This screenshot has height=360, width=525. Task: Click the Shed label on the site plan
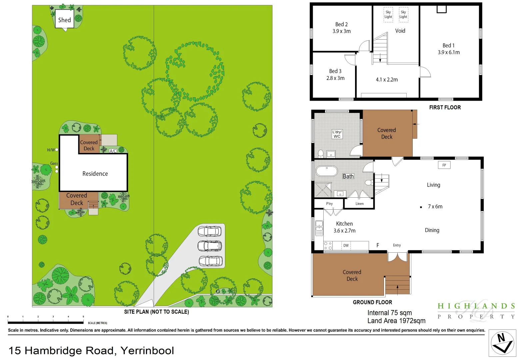[64, 20]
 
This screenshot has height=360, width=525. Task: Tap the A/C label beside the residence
[113, 151]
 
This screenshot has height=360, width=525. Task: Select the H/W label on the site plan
[51, 150]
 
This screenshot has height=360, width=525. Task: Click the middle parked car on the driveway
[210, 246]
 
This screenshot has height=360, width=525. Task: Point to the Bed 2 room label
[341, 24]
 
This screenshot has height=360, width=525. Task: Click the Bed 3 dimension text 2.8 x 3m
[335, 78]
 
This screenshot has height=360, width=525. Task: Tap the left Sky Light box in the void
[388, 15]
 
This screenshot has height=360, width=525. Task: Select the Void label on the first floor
[400, 31]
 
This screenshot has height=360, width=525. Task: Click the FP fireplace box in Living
[444, 165]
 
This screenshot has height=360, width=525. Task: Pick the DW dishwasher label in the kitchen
[346, 245]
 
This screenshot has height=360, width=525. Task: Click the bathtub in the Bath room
[327, 171]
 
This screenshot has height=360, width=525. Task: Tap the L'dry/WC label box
[337, 134]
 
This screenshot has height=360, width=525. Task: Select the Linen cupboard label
[359, 204]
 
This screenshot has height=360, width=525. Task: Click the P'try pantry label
[329, 204]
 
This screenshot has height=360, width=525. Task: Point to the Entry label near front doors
[397, 245]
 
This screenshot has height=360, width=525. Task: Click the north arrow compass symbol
[502, 343]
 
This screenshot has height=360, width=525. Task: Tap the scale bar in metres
[46, 322]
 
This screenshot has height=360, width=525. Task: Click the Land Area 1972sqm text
[396, 321]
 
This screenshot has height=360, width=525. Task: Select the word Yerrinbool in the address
[147, 351]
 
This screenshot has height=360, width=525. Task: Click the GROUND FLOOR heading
[372, 302]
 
